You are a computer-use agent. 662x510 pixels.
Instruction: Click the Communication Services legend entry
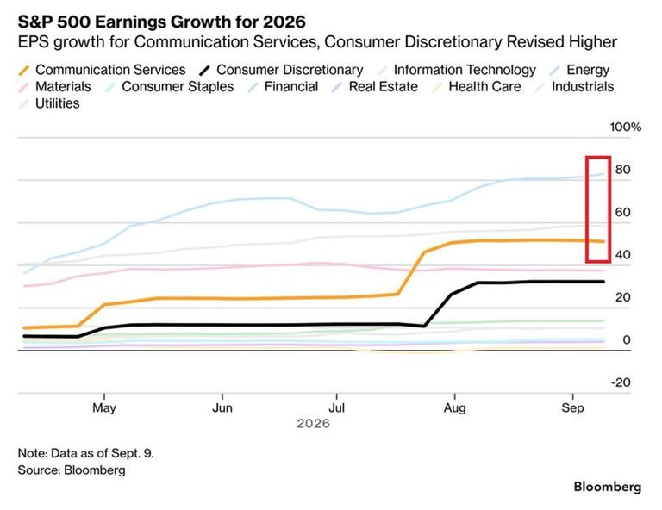[x=103, y=70]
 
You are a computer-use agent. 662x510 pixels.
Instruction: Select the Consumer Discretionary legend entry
[x=282, y=70]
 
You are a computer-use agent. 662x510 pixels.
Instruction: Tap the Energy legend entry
[x=579, y=70]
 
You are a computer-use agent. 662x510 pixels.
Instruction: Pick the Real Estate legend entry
[x=375, y=86]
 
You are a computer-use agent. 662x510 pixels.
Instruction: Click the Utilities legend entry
[x=49, y=103]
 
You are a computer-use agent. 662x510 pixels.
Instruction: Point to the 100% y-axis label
[x=625, y=127]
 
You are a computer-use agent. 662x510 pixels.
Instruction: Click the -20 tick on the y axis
[x=621, y=382]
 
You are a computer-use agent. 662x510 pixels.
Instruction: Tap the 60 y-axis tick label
[x=622, y=212]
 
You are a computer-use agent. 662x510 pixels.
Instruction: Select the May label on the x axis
[x=104, y=408]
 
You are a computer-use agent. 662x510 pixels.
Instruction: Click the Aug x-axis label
[x=455, y=408]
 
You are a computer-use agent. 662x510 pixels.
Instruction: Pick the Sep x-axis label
[x=573, y=408]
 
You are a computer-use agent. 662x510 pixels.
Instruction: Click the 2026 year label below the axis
[x=313, y=423]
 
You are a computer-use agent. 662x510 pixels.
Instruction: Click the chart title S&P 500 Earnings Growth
[x=162, y=22]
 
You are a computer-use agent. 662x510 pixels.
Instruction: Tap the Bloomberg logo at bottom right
[x=608, y=487]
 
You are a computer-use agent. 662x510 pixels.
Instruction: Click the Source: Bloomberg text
[x=72, y=470]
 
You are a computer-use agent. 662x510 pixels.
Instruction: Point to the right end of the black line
[x=603, y=282]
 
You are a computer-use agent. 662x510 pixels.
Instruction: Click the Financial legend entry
[x=284, y=86]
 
